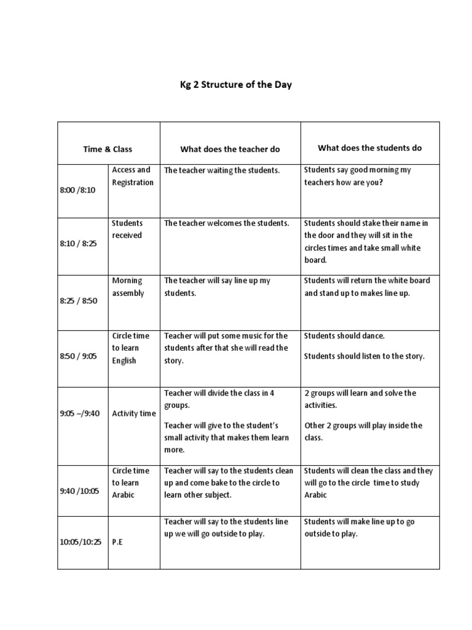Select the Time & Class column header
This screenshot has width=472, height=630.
point(108,149)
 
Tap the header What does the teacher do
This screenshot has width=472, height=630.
point(230,149)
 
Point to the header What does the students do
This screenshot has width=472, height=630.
point(369,148)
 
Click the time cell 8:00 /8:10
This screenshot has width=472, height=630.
point(78,191)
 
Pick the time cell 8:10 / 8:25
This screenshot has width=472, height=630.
point(79,244)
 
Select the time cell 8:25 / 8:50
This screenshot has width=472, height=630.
point(79,301)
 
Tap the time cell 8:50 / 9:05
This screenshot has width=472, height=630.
point(79,356)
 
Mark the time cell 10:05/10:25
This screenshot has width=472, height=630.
point(81,543)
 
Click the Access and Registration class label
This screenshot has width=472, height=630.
point(132,176)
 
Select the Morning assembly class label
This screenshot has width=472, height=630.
point(128,287)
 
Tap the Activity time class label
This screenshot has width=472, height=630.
point(134,413)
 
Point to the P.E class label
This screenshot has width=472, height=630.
point(118,543)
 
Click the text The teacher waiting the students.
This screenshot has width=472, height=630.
point(222,170)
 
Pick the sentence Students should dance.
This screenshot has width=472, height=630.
point(344,336)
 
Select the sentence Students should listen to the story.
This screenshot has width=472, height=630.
point(364,356)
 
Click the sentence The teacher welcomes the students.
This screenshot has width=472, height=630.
point(226,223)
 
